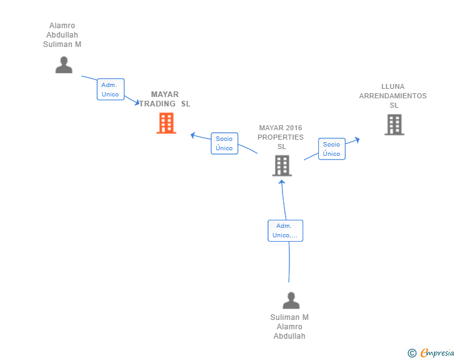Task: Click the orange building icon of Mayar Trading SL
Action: (x=167, y=123)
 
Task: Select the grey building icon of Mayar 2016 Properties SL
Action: (x=282, y=165)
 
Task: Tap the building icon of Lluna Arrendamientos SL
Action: (x=395, y=125)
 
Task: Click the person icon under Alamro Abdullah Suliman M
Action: (x=64, y=65)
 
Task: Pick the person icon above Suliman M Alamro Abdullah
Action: (x=291, y=301)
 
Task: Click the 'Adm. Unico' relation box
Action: (x=110, y=90)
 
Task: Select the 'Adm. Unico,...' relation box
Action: (x=285, y=230)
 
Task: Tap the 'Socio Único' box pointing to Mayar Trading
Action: (x=224, y=143)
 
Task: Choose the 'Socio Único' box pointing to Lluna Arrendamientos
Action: (x=332, y=149)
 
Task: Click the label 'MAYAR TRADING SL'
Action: (x=165, y=99)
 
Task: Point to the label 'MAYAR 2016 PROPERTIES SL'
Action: (x=281, y=137)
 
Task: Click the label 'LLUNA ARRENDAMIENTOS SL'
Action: (x=393, y=96)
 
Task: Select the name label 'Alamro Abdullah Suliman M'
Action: (x=62, y=35)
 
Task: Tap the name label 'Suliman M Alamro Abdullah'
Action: (x=289, y=327)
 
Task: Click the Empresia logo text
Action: (x=437, y=352)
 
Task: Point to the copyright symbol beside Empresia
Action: (x=412, y=353)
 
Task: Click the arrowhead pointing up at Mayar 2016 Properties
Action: (x=281, y=182)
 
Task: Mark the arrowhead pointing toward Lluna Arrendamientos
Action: (x=357, y=140)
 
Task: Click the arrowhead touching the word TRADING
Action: (x=137, y=102)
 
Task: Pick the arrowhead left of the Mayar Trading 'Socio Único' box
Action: (x=193, y=135)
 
